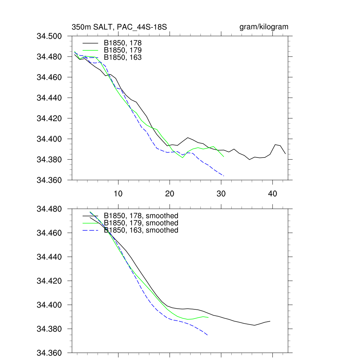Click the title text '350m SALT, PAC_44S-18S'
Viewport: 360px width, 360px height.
click(x=119, y=27)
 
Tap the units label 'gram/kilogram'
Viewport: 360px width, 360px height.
click(x=264, y=27)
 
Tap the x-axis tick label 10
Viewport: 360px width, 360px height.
click(x=118, y=194)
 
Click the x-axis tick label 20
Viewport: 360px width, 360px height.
click(x=170, y=194)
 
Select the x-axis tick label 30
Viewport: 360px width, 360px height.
click(x=221, y=194)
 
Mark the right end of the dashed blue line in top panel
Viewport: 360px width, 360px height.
click(x=224, y=176)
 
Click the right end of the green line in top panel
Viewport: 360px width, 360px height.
click(x=224, y=157)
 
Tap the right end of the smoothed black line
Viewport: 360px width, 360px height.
click(x=270, y=321)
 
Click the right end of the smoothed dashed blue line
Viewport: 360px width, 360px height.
click(x=208, y=335)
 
